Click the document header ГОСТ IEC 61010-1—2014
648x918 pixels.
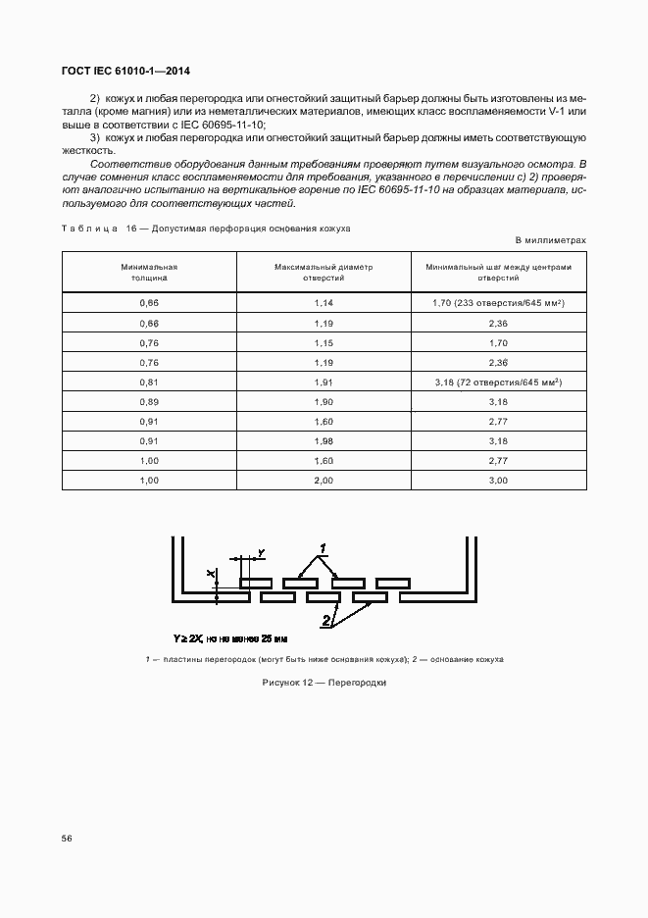(x=126, y=72)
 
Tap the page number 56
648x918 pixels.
(x=67, y=839)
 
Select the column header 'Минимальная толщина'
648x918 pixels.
(x=149, y=272)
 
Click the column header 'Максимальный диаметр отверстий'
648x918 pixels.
(x=324, y=272)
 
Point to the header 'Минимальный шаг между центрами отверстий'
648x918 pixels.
(x=498, y=272)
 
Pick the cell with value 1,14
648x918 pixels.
(x=324, y=303)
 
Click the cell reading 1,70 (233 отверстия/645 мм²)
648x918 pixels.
(x=498, y=303)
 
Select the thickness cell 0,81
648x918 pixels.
(x=149, y=382)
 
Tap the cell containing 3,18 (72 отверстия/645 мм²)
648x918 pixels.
(x=498, y=382)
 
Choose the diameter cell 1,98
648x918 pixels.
(x=324, y=440)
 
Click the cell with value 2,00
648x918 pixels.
(x=324, y=480)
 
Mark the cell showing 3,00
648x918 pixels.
(x=498, y=480)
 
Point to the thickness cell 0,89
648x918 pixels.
(x=149, y=401)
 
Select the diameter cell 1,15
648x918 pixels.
(x=324, y=342)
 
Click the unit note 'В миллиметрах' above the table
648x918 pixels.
(x=550, y=240)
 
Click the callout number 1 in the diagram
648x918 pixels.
(x=322, y=546)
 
